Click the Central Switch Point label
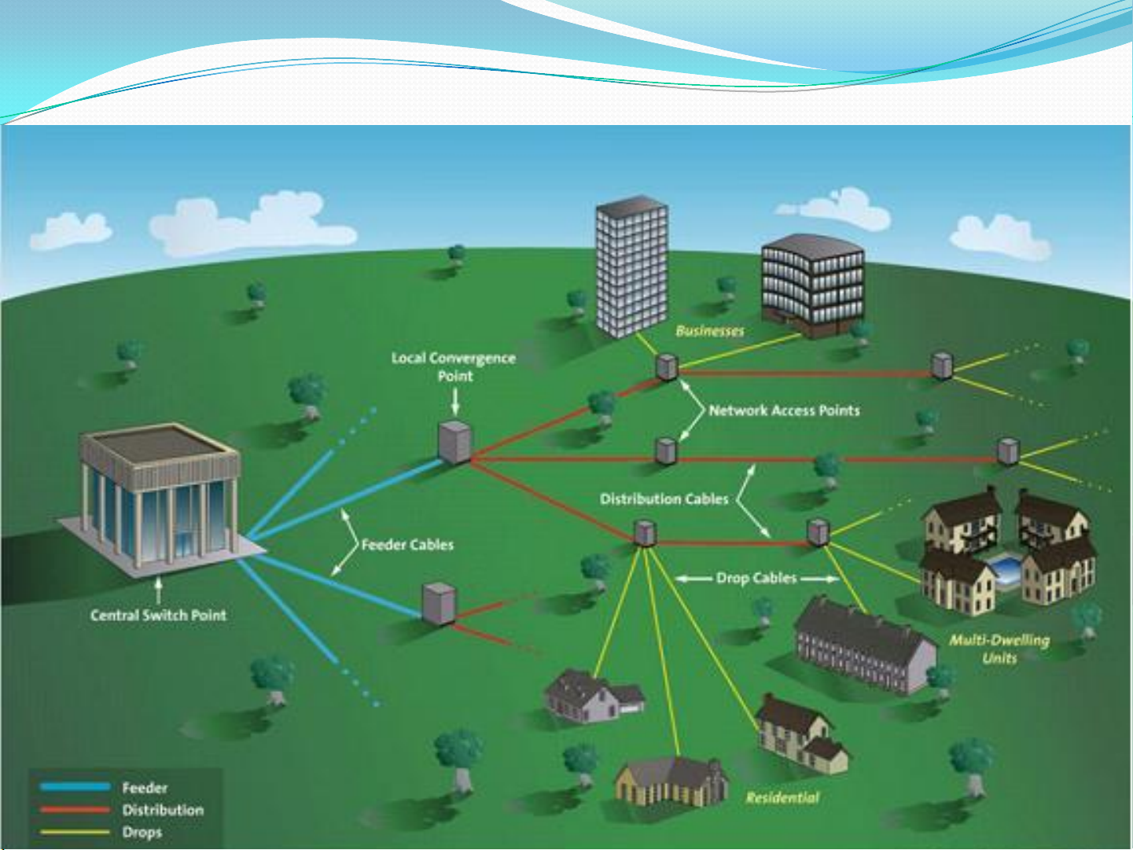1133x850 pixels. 158,616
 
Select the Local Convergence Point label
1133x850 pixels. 454,367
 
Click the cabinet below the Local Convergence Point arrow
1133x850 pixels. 454,442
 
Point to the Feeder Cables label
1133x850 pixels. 407,544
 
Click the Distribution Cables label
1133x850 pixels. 664,499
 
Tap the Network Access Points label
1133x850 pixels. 784,410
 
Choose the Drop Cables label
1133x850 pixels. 756,578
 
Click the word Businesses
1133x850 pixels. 709,331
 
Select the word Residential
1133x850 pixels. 782,798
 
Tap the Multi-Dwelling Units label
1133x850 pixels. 999,649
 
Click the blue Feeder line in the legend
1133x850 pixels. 75,787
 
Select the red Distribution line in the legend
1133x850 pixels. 75,809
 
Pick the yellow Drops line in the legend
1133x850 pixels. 75,832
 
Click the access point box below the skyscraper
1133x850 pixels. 667,366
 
